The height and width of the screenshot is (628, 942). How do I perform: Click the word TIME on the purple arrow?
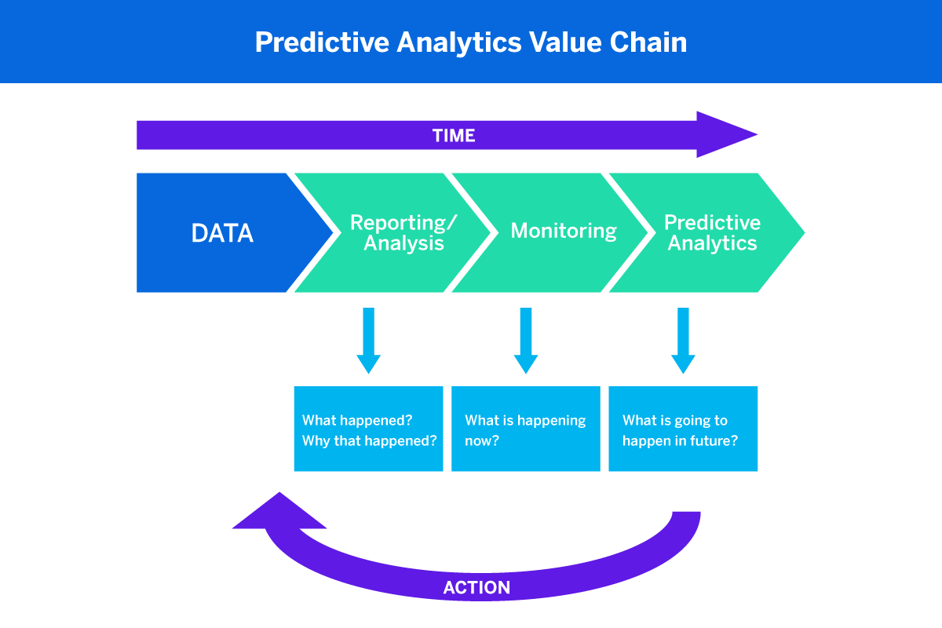pos(454,135)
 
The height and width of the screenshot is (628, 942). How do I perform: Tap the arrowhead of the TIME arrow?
pos(730,135)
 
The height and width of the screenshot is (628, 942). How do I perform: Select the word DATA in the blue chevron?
pos(222,233)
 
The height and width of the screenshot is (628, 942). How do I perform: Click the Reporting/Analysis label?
pos(403,232)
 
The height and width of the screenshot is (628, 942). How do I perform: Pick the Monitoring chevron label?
pos(564,231)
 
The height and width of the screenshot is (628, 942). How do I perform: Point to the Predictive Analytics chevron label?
pos(712,232)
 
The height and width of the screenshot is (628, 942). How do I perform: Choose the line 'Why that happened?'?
pos(369,440)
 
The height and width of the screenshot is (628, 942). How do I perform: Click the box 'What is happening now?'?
pos(526,429)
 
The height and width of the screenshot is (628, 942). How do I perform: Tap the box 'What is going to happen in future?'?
pos(683,429)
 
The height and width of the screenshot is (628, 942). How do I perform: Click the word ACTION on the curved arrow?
pos(476,587)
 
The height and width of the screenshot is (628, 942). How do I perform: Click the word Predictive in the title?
pos(321,42)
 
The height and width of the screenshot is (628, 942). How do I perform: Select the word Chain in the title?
pos(648,42)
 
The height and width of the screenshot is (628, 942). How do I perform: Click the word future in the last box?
pos(714,440)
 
